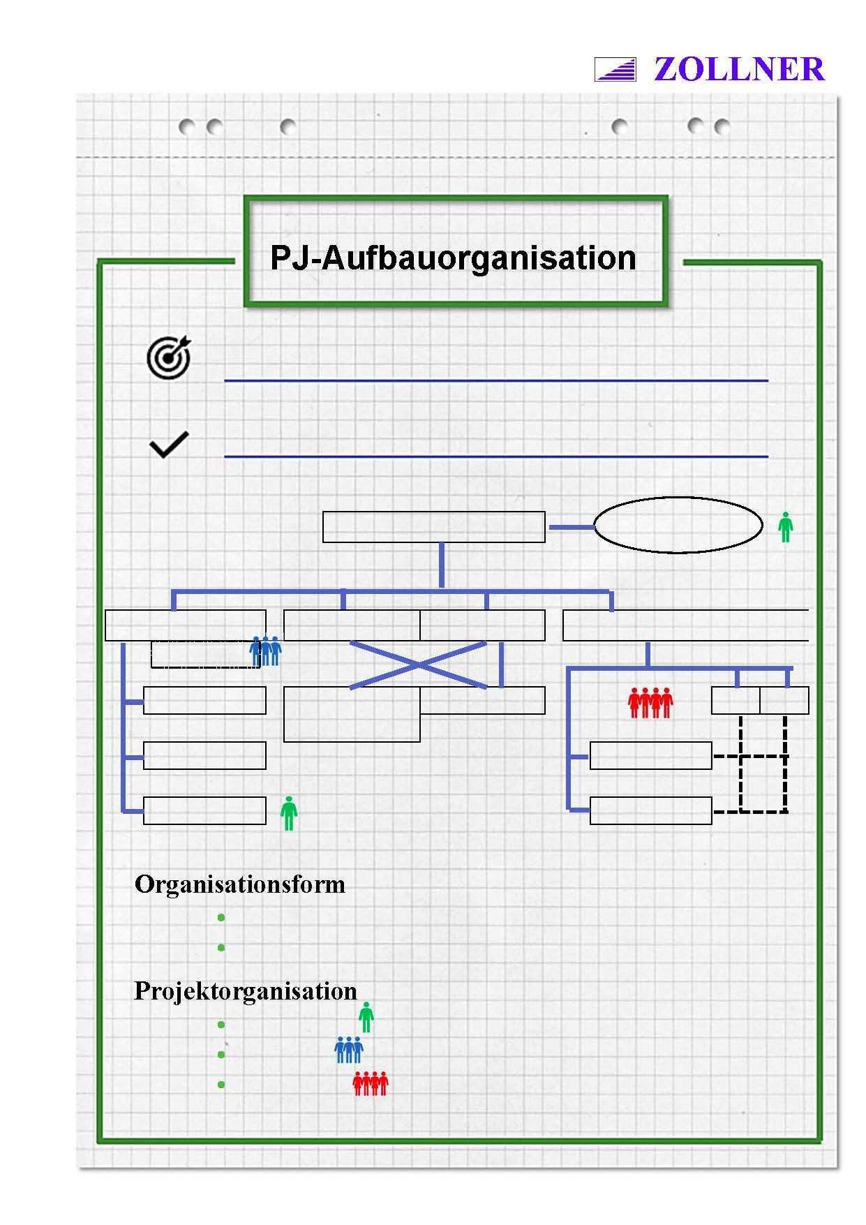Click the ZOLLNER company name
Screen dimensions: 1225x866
click(x=739, y=70)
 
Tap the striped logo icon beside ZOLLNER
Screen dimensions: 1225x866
click(x=615, y=70)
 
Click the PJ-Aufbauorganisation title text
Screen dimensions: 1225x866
click(x=453, y=258)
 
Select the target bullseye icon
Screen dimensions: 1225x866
click(x=169, y=357)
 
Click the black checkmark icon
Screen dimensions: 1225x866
click(x=169, y=445)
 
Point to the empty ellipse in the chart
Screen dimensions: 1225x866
click(x=678, y=525)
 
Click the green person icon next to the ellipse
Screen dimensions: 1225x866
click(x=786, y=527)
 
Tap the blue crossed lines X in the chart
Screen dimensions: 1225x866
click(x=417, y=665)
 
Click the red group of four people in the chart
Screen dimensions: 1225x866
click(x=650, y=702)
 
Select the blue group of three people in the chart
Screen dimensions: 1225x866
click(x=265, y=651)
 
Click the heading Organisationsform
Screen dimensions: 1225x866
click(x=239, y=884)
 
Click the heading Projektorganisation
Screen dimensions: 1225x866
click(x=245, y=991)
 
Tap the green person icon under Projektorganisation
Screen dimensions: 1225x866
click(x=366, y=1017)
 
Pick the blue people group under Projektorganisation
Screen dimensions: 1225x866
click(x=349, y=1050)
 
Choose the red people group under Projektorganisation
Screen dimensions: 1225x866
click(x=371, y=1083)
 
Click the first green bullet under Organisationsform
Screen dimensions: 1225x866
click(x=221, y=917)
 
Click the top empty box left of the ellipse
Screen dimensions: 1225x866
click(x=433, y=527)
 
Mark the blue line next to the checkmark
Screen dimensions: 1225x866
click(x=495, y=456)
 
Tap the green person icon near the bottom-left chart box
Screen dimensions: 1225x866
click(x=289, y=813)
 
